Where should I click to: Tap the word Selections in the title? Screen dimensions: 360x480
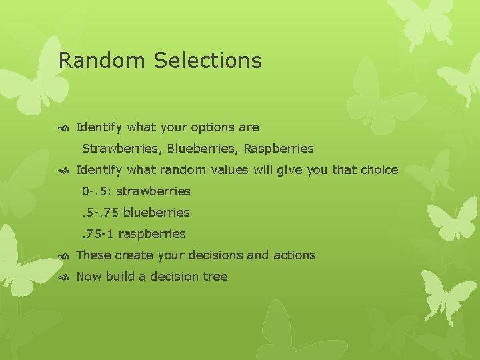pyautogui.click(x=207, y=61)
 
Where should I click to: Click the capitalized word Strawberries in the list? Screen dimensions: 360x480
pyautogui.click(x=122, y=149)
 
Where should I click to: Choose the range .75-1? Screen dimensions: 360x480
pyautogui.click(x=98, y=234)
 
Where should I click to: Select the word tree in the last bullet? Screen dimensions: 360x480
pyautogui.click(x=215, y=277)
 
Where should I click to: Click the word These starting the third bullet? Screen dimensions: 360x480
pyautogui.click(x=93, y=255)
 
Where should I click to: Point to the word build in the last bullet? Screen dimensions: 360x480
pyautogui.click(x=120, y=277)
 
